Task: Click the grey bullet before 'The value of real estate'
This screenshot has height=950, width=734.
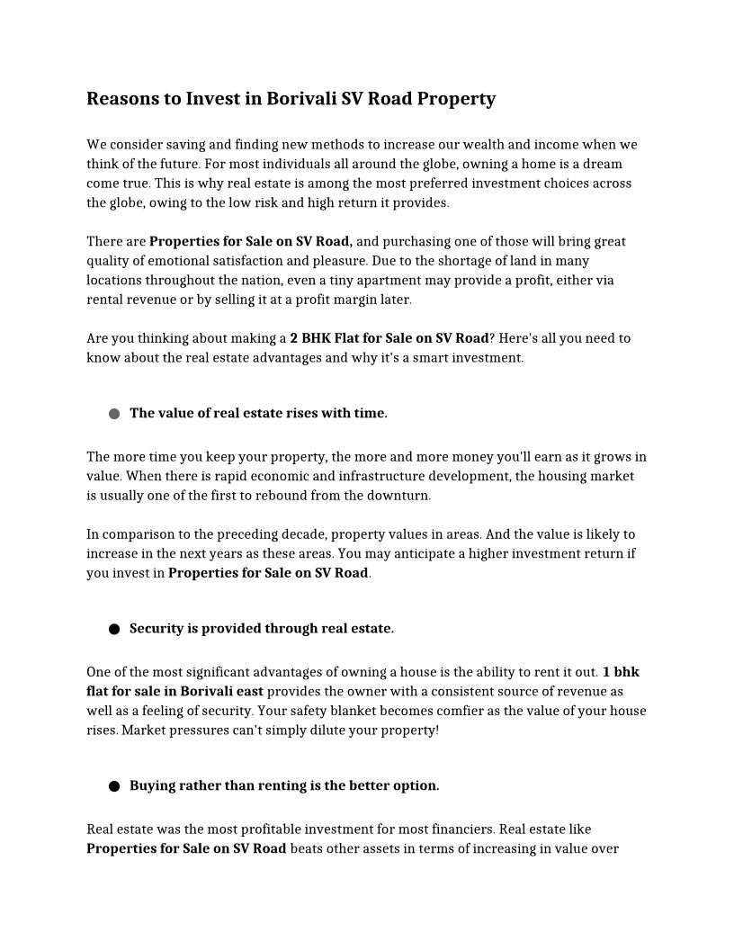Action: click(x=114, y=414)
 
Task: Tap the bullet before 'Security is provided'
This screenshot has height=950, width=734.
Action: click(x=114, y=629)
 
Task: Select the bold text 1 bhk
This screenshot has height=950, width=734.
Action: click(x=621, y=672)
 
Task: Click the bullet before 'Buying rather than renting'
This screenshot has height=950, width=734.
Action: click(x=114, y=786)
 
